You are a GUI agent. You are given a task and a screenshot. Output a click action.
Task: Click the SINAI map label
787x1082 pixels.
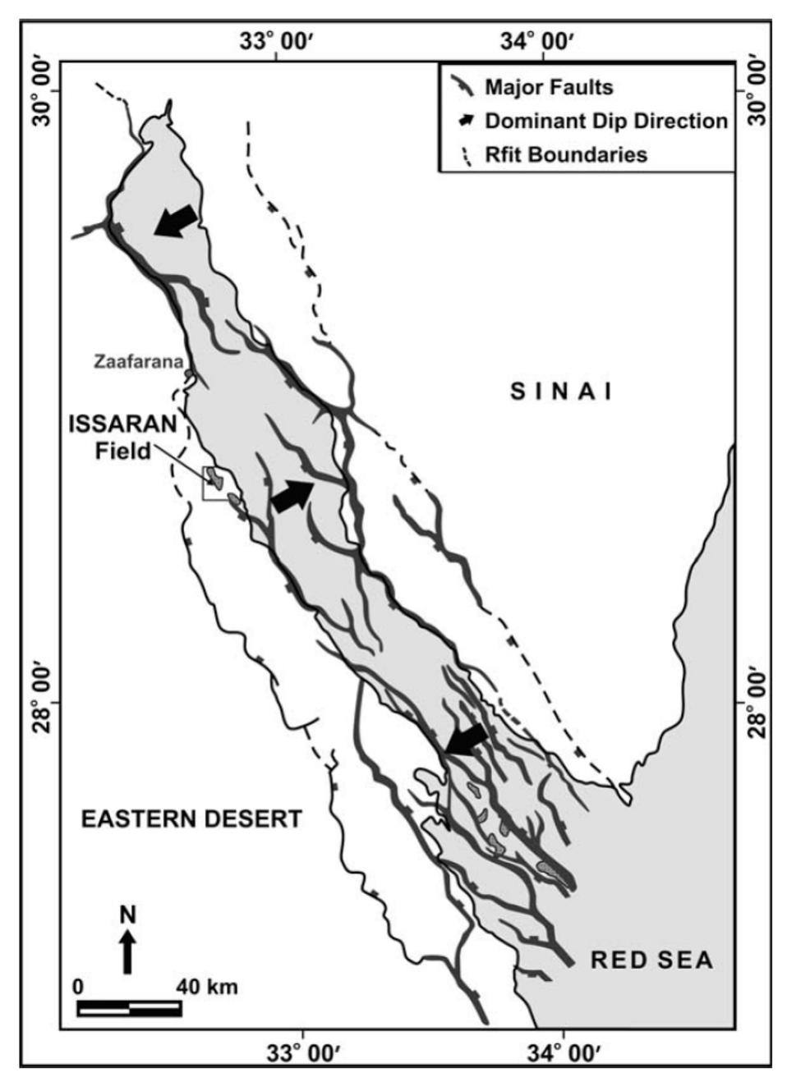tap(561, 392)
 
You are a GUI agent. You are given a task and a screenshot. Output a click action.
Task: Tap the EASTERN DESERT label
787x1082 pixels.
tap(191, 818)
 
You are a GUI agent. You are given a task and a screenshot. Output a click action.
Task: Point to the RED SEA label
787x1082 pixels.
tap(651, 960)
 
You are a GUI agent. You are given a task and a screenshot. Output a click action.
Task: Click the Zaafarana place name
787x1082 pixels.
tap(136, 361)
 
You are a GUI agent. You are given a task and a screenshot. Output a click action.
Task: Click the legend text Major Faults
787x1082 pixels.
tap(549, 87)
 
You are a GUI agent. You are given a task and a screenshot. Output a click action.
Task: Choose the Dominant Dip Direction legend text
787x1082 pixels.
tap(606, 121)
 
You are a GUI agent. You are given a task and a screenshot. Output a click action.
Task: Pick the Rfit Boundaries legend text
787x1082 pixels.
tap(566, 154)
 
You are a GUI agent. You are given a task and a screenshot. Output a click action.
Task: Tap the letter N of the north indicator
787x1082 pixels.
tap(127, 915)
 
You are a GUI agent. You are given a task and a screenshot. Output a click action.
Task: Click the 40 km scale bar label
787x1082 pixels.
tap(207, 986)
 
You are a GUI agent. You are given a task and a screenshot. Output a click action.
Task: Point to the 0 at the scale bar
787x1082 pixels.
tap(77, 986)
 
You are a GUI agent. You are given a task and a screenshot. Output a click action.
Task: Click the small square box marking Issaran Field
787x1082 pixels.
tap(213, 486)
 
